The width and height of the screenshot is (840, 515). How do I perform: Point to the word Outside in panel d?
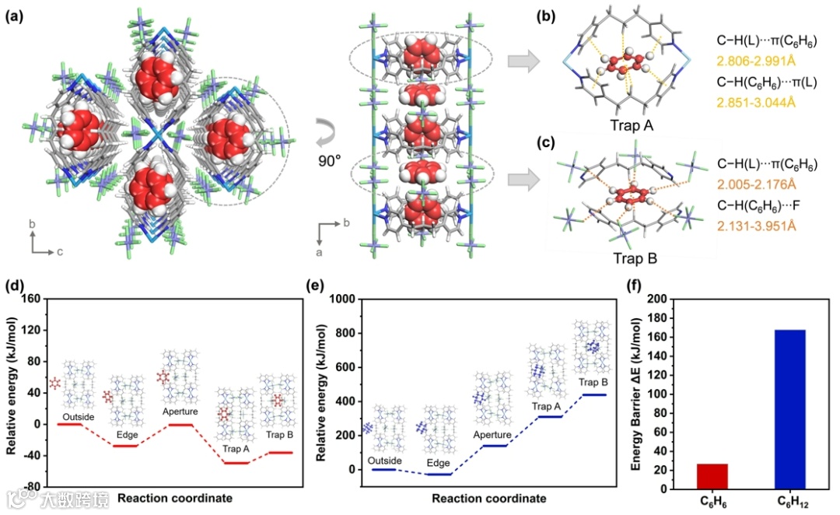click(x=79, y=417)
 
